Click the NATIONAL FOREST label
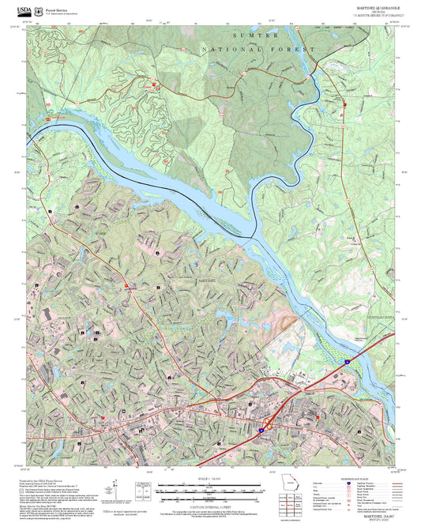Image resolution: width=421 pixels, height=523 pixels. point(259,50)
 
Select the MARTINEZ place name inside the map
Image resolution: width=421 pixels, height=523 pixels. point(205,281)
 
